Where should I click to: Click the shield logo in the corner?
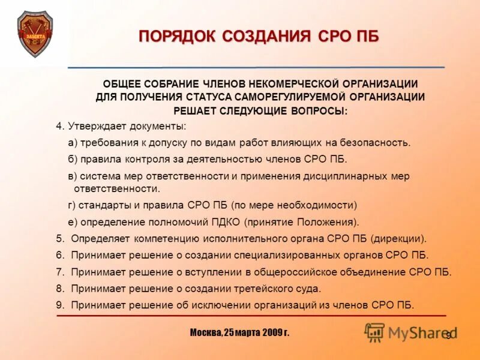tap(35, 34)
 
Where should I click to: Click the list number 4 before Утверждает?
tap(59, 127)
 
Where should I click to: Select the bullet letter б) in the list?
tap(72, 159)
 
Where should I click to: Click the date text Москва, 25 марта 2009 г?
tap(239, 332)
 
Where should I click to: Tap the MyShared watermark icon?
tap(375, 332)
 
